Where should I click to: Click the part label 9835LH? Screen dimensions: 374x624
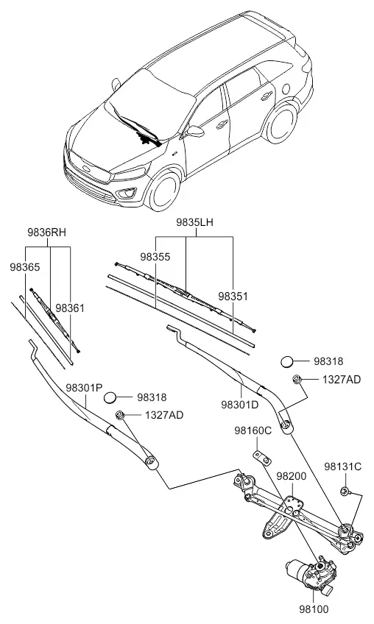pyautogui.click(x=195, y=222)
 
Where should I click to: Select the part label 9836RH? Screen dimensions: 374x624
pyautogui.click(x=46, y=233)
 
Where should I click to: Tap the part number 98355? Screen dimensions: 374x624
pyautogui.click(x=155, y=257)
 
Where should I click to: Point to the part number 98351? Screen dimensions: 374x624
pyautogui.click(x=233, y=297)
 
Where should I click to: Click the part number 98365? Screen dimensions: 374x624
pyautogui.click(x=25, y=267)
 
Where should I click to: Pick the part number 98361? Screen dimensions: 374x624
pyautogui.click(x=70, y=308)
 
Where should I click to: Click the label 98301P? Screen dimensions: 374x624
pyautogui.click(x=85, y=388)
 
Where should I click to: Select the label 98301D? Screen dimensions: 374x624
pyautogui.click(x=240, y=405)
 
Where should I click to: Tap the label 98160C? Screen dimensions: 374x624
pyautogui.click(x=253, y=430)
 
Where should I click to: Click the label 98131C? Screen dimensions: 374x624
pyautogui.click(x=342, y=467)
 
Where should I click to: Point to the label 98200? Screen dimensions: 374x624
pyautogui.click(x=292, y=476)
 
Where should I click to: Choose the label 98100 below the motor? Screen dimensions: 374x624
pyautogui.click(x=314, y=609)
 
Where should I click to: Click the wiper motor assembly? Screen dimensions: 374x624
pyautogui.click(x=311, y=573)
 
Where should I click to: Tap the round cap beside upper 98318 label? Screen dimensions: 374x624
pyautogui.click(x=287, y=362)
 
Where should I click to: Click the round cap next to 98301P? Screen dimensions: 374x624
pyautogui.click(x=110, y=397)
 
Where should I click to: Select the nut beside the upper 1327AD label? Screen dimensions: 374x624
pyautogui.click(x=297, y=379)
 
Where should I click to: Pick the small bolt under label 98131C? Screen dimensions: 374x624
pyautogui.click(x=345, y=492)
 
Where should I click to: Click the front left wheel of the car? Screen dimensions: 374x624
pyautogui.click(x=164, y=191)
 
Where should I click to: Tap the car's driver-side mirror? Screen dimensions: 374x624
pyautogui.click(x=195, y=131)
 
